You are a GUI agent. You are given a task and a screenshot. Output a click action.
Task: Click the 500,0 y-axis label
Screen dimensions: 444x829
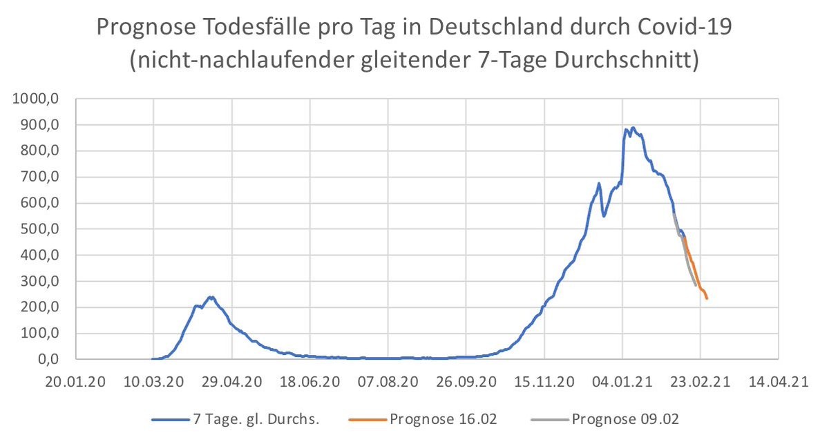pyautogui.click(x=44, y=229)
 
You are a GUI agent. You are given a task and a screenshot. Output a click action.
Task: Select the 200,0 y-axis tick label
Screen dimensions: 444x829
pyautogui.click(x=44, y=307)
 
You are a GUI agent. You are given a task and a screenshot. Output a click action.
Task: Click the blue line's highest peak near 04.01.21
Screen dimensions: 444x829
pyautogui.click(x=633, y=128)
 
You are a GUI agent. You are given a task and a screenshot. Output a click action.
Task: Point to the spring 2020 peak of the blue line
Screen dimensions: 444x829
pyautogui.click(x=211, y=297)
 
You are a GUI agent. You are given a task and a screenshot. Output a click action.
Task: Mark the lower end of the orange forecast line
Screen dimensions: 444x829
pyautogui.click(x=707, y=298)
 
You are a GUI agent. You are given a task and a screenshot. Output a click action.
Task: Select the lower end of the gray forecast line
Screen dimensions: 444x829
pyautogui.click(x=696, y=285)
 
